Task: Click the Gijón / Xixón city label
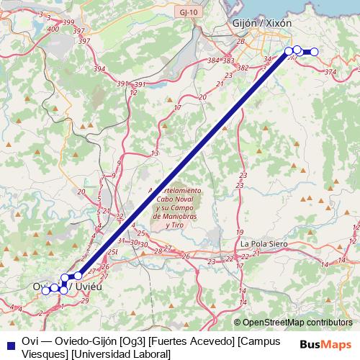point(263,24)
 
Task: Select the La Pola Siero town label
point(264,244)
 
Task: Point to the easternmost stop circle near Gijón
point(314,51)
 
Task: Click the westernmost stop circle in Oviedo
point(46,290)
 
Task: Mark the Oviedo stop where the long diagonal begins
point(78,276)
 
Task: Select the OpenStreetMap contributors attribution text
point(294,323)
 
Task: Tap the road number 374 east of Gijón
point(330,72)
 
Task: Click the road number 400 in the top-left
point(53,29)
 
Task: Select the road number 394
point(99,70)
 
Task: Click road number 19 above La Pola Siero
point(239,232)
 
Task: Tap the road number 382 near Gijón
point(243,68)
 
